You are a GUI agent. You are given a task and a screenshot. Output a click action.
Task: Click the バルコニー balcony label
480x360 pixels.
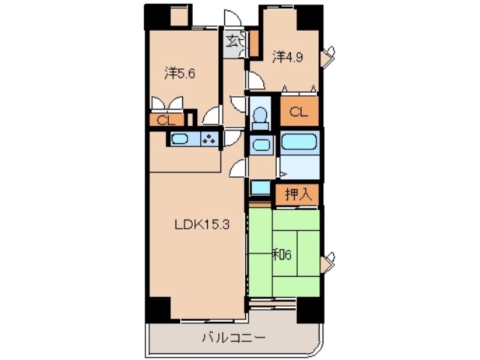[x=232, y=338]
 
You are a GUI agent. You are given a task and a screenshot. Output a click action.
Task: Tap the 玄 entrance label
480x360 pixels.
[x=232, y=41]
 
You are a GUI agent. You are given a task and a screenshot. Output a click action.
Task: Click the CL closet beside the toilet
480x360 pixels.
[x=298, y=112]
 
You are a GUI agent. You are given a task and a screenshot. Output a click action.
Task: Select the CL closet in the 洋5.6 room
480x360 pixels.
[x=166, y=118]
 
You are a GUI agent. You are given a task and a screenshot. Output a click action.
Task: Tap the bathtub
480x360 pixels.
[x=300, y=142]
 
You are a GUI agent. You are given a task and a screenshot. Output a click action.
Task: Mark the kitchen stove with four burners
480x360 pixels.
[x=210, y=139]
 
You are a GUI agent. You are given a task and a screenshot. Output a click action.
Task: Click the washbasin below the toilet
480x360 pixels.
[x=261, y=145]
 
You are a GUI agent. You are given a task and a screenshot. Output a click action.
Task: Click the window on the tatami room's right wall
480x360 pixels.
[x=327, y=263]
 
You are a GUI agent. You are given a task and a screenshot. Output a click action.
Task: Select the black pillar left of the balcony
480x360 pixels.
[x=158, y=309]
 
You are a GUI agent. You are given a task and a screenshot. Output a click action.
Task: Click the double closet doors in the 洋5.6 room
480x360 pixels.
[x=166, y=105]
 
